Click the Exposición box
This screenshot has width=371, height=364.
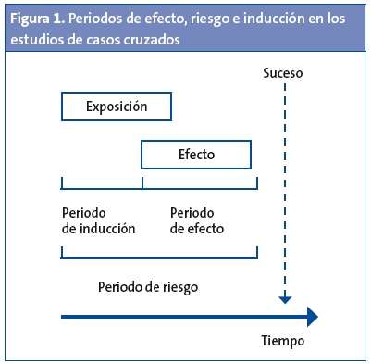point(117,107)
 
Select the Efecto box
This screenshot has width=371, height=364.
point(196,152)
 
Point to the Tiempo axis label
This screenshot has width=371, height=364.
point(282,340)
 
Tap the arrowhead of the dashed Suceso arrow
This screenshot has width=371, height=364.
point(284,298)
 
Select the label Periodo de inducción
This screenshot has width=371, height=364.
point(98,220)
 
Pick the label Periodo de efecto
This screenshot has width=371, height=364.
point(196,220)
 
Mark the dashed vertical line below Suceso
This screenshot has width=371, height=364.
point(284,185)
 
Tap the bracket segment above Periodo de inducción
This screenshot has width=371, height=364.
point(102,187)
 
